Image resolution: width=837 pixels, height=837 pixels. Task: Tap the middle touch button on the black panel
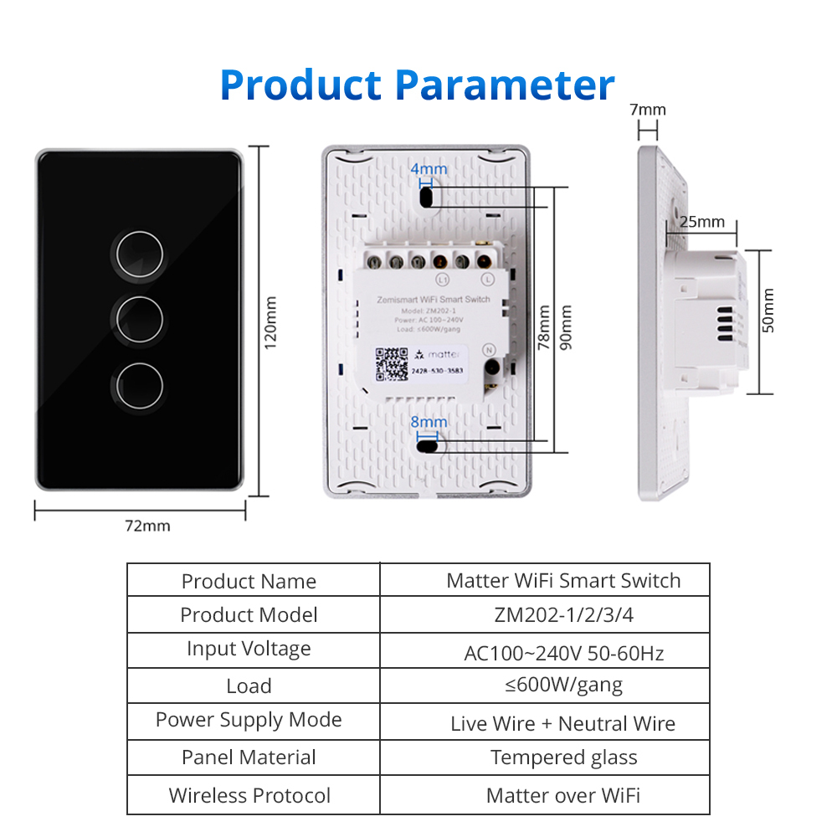tap(139, 319)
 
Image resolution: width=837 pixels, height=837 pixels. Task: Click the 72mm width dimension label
tap(147, 526)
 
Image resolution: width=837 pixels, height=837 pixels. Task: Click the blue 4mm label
tap(429, 169)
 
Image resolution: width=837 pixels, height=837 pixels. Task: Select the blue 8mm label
tap(429, 423)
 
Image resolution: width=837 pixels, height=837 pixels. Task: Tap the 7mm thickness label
tap(647, 110)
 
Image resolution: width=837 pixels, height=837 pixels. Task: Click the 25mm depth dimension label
tap(701, 222)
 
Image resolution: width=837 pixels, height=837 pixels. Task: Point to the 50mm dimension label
tap(768, 311)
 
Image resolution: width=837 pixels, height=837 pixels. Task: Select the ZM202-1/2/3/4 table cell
tap(563, 615)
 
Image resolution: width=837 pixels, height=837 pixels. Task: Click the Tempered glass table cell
tap(563, 757)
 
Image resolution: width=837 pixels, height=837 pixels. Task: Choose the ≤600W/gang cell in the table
tap(563, 686)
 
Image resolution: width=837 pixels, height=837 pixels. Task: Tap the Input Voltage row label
tap(249, 649)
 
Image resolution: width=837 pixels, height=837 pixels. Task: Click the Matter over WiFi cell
tap(563, 796)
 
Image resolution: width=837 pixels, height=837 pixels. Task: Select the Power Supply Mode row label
tap(249, 720)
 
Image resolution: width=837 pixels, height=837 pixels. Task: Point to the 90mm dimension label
tap(567, 326)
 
